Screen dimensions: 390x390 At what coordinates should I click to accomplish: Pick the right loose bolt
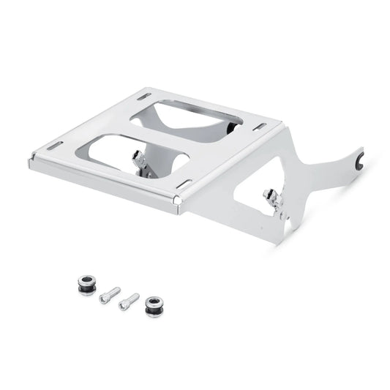tap(129, 300)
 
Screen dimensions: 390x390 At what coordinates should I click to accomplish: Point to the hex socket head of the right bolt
tap(135, 296)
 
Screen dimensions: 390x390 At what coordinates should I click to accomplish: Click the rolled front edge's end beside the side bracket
tap(178, 200)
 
